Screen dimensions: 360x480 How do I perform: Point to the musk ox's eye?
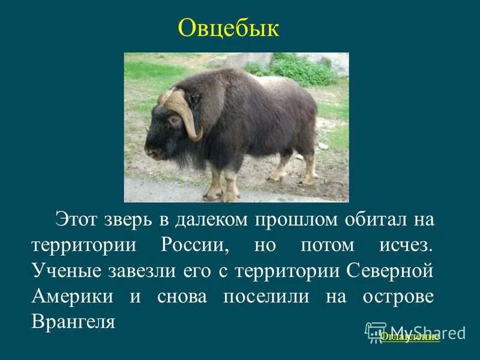175,119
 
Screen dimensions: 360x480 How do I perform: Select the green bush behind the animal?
300,69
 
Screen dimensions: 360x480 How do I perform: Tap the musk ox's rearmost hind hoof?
308,178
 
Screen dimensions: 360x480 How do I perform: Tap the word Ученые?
65,271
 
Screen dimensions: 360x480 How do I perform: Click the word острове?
398,297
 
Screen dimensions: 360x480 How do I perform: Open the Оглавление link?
409,337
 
